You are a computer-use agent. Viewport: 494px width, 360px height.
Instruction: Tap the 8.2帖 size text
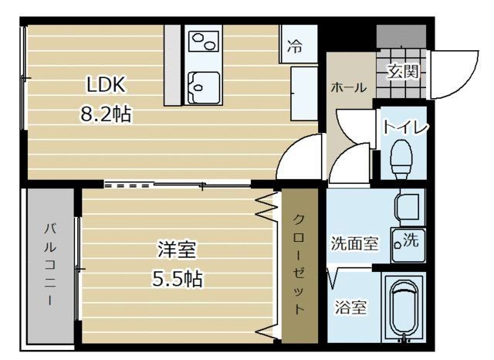tap(106, 115)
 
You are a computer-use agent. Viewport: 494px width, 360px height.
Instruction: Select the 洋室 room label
tap(177, 250)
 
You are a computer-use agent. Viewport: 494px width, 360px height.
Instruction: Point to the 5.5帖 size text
tap(177, 278)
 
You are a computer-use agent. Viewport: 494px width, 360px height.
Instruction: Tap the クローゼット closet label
tap(299, 263)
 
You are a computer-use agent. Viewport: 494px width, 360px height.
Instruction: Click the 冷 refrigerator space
tap(296, 45)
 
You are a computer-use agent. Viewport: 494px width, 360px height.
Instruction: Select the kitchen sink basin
tap(204, 86)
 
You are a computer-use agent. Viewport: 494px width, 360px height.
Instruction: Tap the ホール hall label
tap(348, 87)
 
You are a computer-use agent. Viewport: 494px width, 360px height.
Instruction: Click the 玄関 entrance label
tap(402, 73)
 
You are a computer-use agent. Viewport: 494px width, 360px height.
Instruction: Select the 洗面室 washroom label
tap(354, 244)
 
